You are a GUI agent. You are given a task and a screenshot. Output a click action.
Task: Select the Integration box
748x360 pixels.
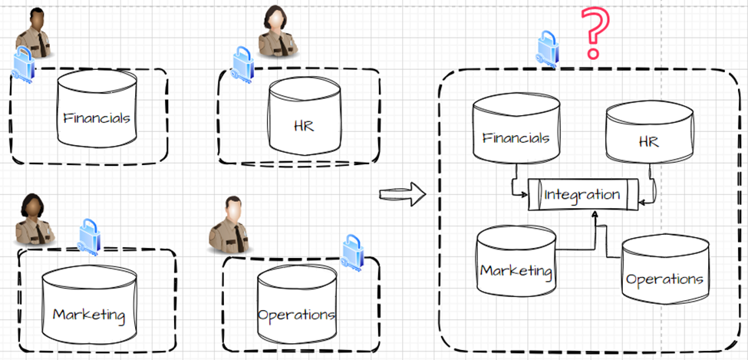[x=582, y=195]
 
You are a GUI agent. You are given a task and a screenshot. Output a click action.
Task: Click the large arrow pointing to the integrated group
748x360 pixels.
[x=403, y=193]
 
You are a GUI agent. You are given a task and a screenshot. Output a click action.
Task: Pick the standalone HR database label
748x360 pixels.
[x=304, y=125]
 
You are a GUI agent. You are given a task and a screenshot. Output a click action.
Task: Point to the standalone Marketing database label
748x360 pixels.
[x=88, y=314]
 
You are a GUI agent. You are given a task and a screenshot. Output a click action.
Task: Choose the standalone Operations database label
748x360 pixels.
[x=296, y=315]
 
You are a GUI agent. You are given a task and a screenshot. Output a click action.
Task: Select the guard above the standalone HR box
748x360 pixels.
[x=278, y=32]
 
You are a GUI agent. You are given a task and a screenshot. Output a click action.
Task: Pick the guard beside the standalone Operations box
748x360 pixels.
[x=231, y=225]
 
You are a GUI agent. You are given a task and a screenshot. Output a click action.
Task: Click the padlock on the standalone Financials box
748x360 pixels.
[x=23, y=64]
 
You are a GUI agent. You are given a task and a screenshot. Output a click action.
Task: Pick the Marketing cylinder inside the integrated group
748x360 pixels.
[x=515, y=261]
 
